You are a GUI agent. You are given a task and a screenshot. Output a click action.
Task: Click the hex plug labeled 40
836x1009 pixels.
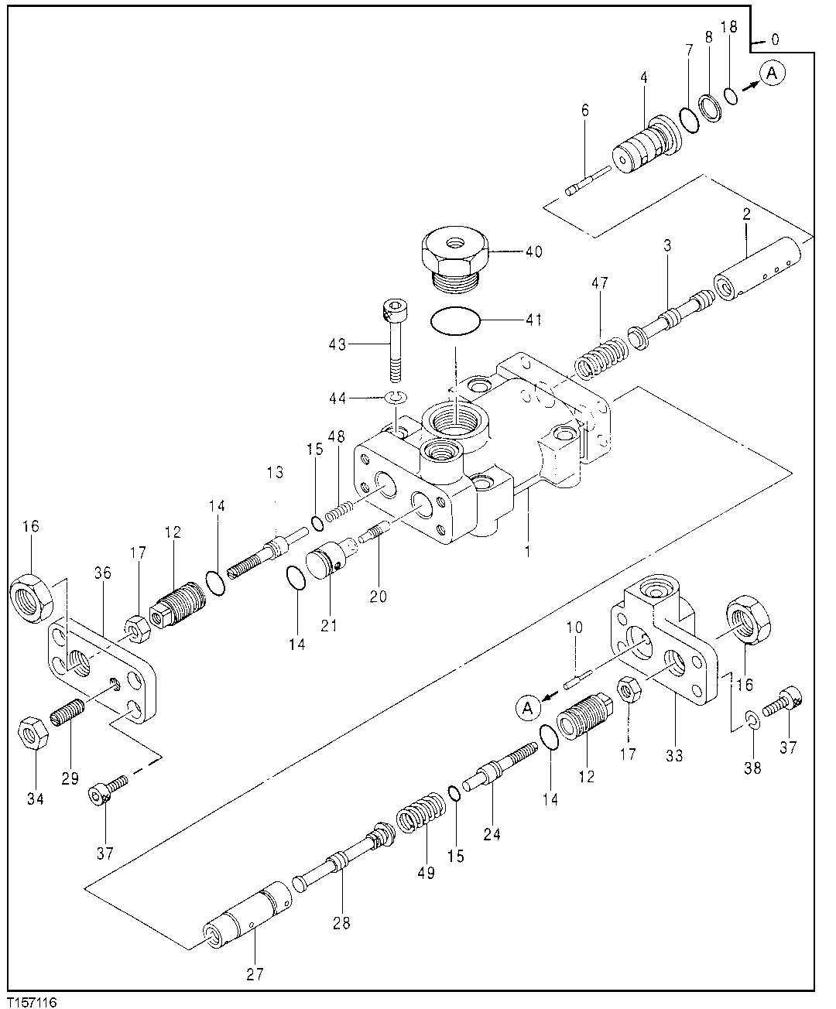[x=454, y=259]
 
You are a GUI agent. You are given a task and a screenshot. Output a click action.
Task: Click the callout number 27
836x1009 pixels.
[x=255, y=975]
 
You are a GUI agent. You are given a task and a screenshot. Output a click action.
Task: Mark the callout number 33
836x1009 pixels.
[x=674, y=756]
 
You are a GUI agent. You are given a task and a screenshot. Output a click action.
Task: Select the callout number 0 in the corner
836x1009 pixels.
[x=775, y=39]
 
